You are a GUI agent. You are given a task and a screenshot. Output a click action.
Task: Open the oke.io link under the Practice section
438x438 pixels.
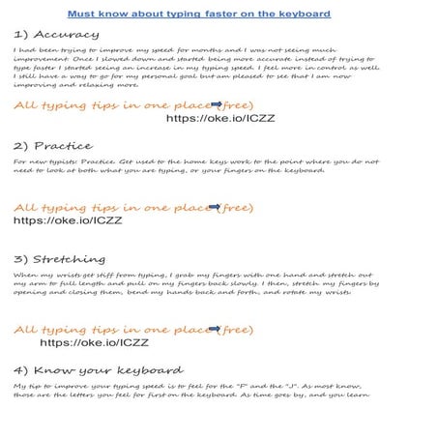[x=68, y=219]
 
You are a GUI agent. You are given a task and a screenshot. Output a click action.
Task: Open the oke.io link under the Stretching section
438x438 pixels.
[x=94, y=341]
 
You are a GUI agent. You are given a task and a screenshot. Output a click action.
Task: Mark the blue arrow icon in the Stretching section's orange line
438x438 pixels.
[x=214, y=329]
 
